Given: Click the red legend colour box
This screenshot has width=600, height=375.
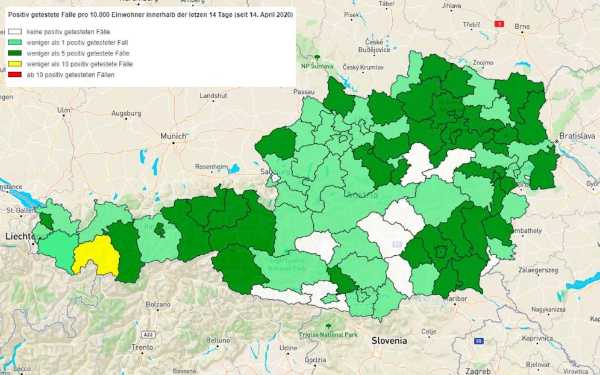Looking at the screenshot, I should click(15, 75).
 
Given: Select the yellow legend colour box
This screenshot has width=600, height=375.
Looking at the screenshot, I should click(15, 64).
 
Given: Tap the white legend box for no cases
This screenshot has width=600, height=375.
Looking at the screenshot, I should click(15, 31).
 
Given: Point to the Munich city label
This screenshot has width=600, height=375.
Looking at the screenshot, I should click(173, 137).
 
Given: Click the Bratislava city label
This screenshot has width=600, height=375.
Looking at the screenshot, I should click(577, 135).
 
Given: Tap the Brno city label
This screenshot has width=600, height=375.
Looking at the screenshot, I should click(522, 26).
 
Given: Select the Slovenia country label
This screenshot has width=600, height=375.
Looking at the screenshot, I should click(389, 341).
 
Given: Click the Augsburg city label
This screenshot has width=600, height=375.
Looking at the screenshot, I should click(126, 113).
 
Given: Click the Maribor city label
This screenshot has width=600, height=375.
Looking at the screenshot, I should click(454, 298).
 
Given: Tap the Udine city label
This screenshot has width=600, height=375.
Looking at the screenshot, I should click(288, 348).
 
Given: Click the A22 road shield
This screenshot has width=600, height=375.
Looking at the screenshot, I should click(148, 333).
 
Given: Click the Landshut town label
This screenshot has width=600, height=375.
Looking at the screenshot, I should click(214, 96).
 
